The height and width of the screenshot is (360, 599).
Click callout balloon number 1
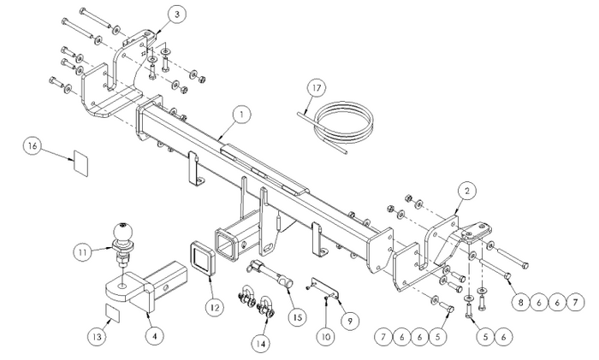click(x=241, y=115)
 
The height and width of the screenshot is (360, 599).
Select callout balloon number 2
click(x=467, y=192)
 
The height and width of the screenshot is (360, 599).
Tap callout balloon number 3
click(x=177, y=15)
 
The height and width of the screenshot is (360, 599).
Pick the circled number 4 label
click(x=155, y=336)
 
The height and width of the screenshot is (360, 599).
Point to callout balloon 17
click(x=317, y=88)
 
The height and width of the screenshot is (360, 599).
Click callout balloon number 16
click(x=33, y=147)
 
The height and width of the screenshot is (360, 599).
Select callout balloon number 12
click(x=215, y=307)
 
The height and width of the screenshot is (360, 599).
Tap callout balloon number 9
click(x=350, y=321)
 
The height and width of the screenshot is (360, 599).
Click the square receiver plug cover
click(x=202, y=258)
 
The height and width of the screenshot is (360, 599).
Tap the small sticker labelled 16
click(x=80, y=163)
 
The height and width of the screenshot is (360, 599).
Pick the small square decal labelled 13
click(x=112, y=314)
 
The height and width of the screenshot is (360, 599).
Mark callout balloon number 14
click(x=261, y=344)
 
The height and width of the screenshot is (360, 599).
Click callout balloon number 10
click(x=326, y=336)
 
